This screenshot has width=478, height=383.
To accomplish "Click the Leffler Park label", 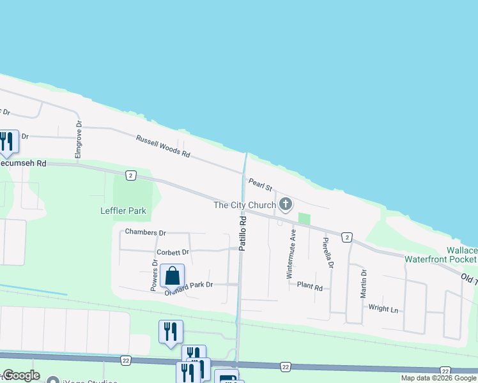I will (123, 211).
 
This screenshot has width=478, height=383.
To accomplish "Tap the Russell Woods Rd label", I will (163, 146).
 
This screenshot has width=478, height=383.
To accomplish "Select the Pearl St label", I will (260, 184).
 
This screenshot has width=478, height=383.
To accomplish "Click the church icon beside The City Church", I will (286, 204).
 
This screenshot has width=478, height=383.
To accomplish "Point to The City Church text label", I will (245, 205).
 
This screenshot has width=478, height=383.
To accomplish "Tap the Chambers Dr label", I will (146, 232).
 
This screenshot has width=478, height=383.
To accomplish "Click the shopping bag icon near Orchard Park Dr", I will (172, 276).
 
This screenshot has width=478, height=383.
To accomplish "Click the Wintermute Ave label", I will (292, 254).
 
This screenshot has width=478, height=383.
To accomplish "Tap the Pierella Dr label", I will (328, 253).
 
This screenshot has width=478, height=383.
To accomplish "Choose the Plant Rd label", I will (310, 287).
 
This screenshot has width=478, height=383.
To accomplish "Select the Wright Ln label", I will (383, 309).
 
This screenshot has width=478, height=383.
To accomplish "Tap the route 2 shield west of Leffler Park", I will (130, 174).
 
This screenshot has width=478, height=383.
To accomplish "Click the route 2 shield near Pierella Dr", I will (346, 237).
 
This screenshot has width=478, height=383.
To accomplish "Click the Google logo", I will (20, 375).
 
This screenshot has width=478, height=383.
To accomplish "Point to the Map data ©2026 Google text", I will (438, 378).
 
